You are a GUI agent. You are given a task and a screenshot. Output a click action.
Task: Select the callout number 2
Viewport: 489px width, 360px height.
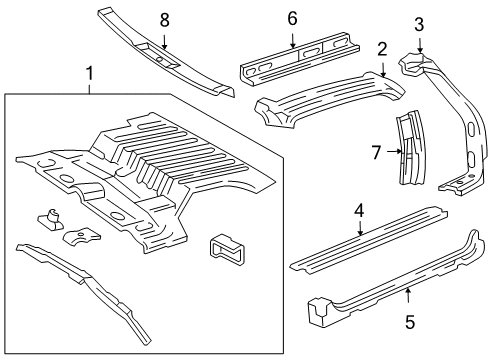coord(382,49)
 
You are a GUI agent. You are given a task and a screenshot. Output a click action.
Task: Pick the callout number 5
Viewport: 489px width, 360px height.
coord(408,323)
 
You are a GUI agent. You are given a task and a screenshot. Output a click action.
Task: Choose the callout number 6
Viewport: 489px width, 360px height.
coord(293,17)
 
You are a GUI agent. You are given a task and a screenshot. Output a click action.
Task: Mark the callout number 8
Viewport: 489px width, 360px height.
coord(166,18)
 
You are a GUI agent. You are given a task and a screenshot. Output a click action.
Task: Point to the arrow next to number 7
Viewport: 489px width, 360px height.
coord(394,152)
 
